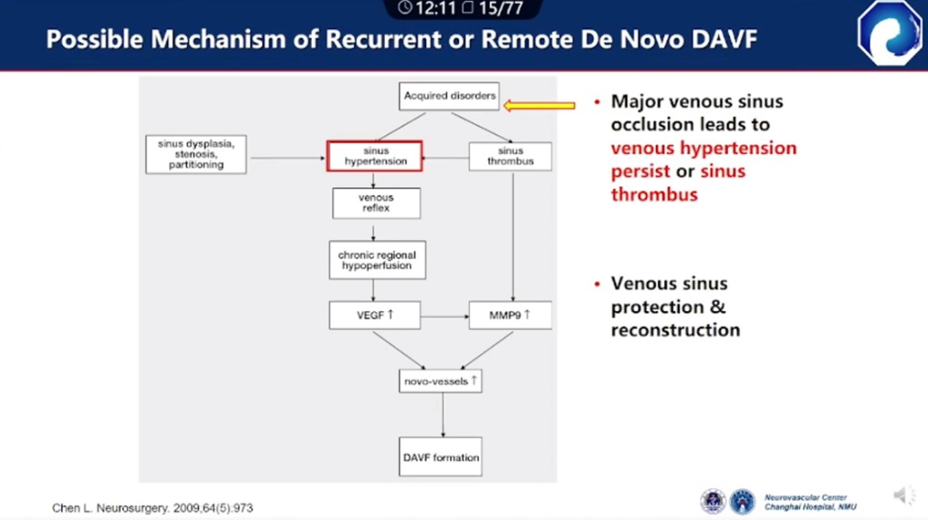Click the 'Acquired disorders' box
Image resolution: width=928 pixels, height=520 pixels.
449,96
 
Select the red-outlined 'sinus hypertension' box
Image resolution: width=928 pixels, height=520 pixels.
375,156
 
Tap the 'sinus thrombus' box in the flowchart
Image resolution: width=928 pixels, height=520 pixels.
510,156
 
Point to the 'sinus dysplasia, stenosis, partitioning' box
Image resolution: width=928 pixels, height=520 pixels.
196,154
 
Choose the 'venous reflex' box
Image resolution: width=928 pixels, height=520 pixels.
376,203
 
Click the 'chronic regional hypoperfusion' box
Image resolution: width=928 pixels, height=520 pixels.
376,260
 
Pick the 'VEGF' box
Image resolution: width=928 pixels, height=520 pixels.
375,315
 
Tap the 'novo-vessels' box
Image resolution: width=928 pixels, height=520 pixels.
440,381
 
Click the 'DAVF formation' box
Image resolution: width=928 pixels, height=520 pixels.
441,457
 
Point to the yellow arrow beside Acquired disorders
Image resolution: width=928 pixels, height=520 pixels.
540,106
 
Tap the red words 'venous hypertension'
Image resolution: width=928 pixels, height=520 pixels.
704,148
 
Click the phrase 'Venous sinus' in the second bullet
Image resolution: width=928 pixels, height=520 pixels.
669,284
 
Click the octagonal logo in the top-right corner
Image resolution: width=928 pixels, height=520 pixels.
890,33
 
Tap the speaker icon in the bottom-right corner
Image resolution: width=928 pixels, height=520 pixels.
902,496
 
